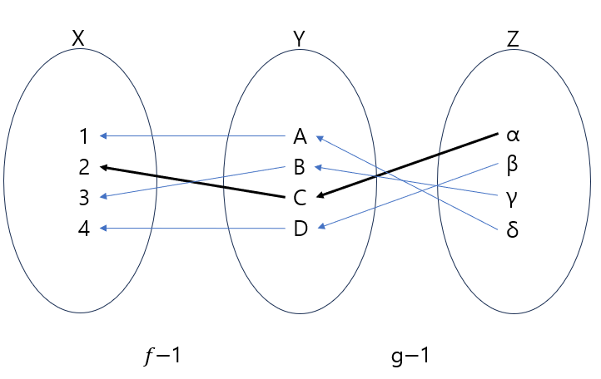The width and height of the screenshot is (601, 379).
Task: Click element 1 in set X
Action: [x=83, y=135]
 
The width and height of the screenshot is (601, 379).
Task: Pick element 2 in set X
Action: [x=83, y=167]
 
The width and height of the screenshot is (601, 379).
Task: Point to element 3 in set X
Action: [x=83, y=198]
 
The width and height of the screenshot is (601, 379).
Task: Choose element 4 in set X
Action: [x=83, y=228]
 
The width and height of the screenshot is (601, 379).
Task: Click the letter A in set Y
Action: [x=300, y=136]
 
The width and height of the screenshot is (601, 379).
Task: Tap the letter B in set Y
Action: [x=300, y=167]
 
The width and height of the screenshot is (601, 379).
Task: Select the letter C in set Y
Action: [x=300, y=198]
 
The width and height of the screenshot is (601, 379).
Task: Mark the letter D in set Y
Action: [x=300, y=229]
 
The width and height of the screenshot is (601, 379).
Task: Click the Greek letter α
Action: [x=513, y=135]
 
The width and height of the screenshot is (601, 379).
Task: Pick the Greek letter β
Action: [x=513, y=164]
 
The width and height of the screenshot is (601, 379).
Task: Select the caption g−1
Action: [x=411, y=356]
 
